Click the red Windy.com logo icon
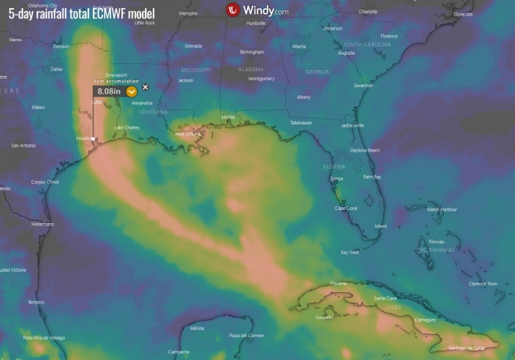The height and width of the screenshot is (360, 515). tap(234, 10)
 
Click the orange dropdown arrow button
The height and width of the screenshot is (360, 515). tap(131, 91)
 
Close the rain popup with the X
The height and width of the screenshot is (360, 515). tap(145, 87)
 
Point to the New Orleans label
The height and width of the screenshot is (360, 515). tap(188, 134)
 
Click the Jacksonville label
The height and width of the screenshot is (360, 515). tap(353, 125)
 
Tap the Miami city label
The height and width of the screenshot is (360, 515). tap(380, 226)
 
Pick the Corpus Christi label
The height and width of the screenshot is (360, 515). tap(46, 182)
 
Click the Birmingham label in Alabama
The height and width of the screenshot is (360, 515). tap(252, 52)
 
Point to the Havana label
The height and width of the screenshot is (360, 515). tap(338, 283)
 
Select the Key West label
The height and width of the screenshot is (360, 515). tap(349, 252)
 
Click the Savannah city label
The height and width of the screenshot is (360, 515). tap(363, 85)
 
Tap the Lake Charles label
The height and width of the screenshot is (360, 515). tap(127, 127)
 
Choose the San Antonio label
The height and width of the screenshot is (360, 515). tap(24, 145)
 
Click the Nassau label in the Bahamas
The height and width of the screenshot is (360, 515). tap(436, 241)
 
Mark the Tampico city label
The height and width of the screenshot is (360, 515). tap(35, 302)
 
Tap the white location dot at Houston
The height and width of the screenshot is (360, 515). tap(93, 138)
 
